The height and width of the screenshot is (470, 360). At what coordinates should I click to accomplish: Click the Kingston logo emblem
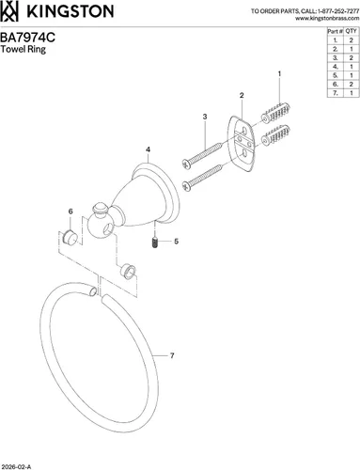coord(9,11)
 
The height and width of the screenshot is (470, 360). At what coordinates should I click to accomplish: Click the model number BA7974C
coord(27,38)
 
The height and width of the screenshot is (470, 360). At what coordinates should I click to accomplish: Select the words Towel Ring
coord(23,49)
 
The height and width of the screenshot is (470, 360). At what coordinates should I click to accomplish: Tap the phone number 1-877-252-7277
coord(338,11)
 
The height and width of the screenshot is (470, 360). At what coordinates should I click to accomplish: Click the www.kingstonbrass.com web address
coord(327,18)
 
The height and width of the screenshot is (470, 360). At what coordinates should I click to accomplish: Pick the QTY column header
coord(352,31)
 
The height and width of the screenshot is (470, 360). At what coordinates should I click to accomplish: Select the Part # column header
coord(335,31)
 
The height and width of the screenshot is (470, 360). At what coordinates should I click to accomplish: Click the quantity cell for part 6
coord(352,84)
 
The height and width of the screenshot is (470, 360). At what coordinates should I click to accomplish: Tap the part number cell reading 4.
coord(336,67)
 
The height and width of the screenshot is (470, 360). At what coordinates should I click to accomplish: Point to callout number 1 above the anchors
coord(279,74)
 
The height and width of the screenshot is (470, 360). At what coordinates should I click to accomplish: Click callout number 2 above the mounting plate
coord(242,95)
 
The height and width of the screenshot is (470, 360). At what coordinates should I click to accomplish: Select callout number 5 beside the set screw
coord(177,242)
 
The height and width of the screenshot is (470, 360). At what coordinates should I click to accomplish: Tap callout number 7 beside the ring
coord(172,355)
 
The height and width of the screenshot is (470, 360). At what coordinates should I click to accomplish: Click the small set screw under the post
coord(155,243)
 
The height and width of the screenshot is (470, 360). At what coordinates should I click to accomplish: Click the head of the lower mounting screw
coord(186,185)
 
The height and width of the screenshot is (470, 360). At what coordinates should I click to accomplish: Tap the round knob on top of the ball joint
coord(100,209)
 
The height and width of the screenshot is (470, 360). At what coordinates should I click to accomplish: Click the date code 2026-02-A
coord(16,467)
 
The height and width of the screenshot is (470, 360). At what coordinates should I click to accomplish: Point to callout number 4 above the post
coord(148,149)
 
